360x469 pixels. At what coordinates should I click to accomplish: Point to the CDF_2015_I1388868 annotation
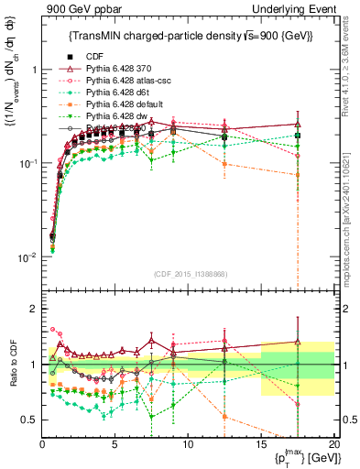(190, 273)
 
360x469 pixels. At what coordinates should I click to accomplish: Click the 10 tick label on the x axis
(188, 444)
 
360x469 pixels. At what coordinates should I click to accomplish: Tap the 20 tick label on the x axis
(333, 444)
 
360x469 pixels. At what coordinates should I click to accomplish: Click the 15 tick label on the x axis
(261, 444)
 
